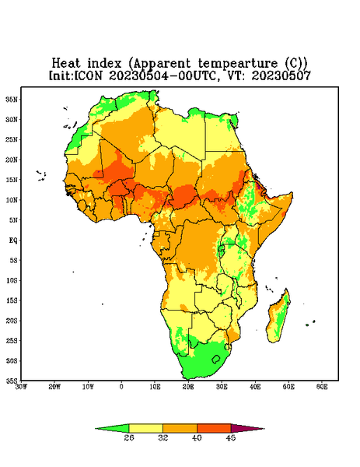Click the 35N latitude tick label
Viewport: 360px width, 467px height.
(12, 99)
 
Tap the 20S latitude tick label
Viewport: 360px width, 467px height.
(12, 321)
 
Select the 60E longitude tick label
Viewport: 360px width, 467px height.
(322, 387)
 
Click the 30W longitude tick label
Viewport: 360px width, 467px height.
(21, 387)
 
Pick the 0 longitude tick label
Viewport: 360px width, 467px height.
(121, 387)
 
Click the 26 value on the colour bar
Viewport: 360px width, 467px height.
(129, 437)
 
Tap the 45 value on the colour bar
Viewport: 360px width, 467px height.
(231, 437)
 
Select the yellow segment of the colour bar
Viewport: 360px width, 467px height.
(145, 428)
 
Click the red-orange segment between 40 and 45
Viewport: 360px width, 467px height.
(214, 428)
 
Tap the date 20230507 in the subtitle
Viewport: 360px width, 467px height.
(281, 75)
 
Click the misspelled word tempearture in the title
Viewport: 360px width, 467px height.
(238, 64)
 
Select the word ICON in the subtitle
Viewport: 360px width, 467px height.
(88, 75)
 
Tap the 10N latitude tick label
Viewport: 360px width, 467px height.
(12, 200)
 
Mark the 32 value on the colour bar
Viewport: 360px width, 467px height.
(163, 437)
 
